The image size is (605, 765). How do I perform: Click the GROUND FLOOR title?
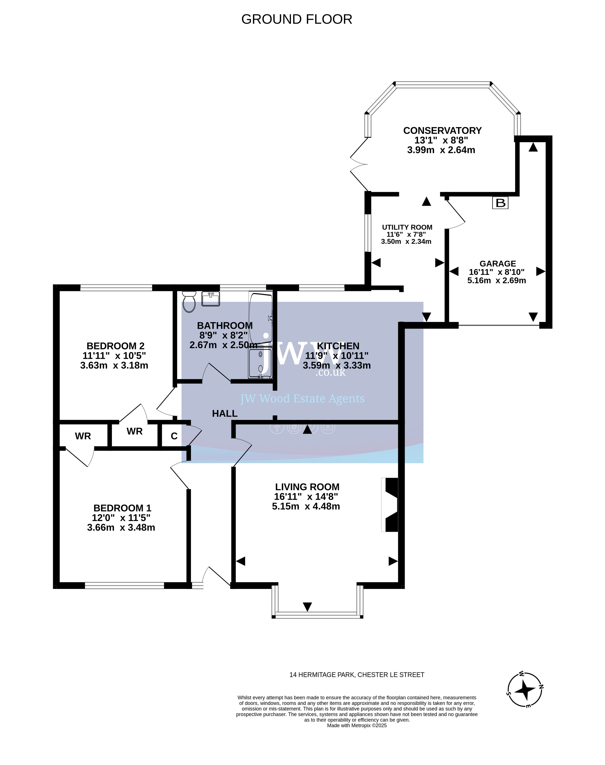tap(297, 19)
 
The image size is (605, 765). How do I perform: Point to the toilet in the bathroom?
tap(189, 302)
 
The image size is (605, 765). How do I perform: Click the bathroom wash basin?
tap(211, 298)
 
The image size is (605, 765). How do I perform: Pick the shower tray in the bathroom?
tap(260, 363)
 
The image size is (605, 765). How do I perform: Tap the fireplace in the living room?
tap(390, 505)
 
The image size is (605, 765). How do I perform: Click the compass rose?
tap(525, 689)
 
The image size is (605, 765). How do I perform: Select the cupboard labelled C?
tap(174, 436)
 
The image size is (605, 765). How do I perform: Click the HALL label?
tap(225, 414)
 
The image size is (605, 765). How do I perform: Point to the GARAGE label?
tap(498, 264)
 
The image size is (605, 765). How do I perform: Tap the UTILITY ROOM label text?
tap(407, 227)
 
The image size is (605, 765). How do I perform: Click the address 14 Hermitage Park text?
tap(357, 675)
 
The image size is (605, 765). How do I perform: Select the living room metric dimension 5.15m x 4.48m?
tap(306, 506)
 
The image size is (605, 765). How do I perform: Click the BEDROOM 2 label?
tap(115, 346)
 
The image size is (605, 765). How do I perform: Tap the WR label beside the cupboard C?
tap(135, 431)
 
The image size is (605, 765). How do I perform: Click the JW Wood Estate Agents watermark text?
tap(302, 399)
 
